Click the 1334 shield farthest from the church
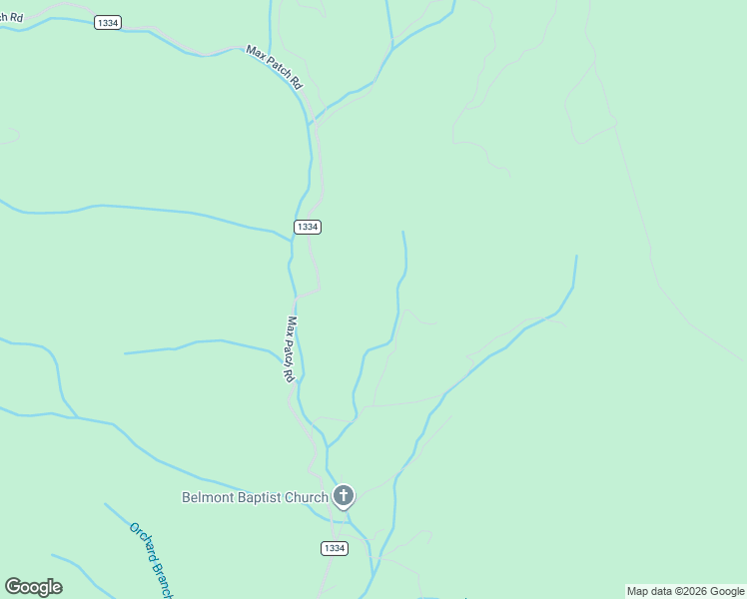pyautogui.click(x=109, y=22)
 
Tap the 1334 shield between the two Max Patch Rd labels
pyautogui.click(x=308, y=227)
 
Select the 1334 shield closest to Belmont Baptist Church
pyautogui.click(x=335, y=548)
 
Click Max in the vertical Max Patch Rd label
pyautogui.click(x=292, y=326)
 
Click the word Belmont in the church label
pyautogui.click(x=209, y=497)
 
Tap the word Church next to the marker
pyautogui.click(x=307, y=497)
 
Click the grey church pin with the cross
pyautogui.click(x=343, y=496)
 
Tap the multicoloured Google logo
pyautogui.click(x=33, y=587)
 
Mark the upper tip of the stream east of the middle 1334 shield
pyautogui.click(x=402, y=232)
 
